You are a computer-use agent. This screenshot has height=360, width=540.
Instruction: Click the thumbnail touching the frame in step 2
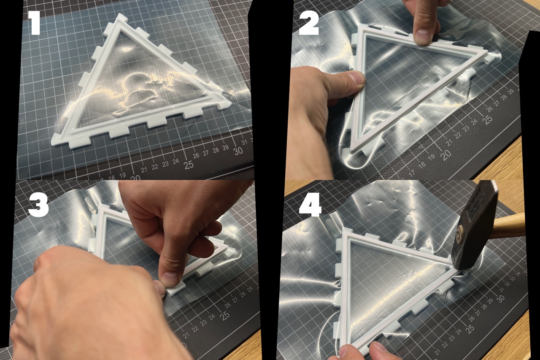(x=356, y=78)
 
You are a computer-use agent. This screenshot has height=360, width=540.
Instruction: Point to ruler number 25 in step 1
(x=188, y=164)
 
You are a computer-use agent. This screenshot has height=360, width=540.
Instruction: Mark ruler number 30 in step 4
(x=501, y=298)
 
